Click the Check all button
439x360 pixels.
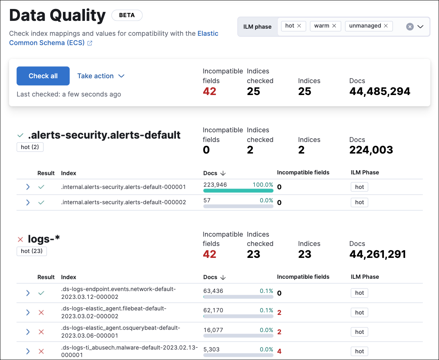click(43, 76)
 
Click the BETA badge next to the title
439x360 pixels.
click(127, 15)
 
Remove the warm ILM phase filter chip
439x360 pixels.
click(334, 26)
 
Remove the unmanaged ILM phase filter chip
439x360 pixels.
click(386, 26)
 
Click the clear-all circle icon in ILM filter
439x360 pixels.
click(410, 26)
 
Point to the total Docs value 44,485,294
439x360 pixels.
click(379, 91)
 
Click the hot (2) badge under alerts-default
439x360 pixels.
click(30, 147)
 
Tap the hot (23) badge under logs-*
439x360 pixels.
click(31, 251)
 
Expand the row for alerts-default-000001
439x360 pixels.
click(28, 187)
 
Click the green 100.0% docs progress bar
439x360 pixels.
click(238, 191)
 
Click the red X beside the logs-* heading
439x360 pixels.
click(20, 239)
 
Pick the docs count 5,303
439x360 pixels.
click(211, 349)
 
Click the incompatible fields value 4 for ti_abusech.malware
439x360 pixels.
click(279, 351)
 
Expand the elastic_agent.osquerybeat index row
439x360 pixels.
click(28, 332)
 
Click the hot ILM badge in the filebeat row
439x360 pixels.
click(359, 312)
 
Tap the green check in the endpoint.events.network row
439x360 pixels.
click(41, 293)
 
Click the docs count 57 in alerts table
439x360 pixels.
click(207, 200)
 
